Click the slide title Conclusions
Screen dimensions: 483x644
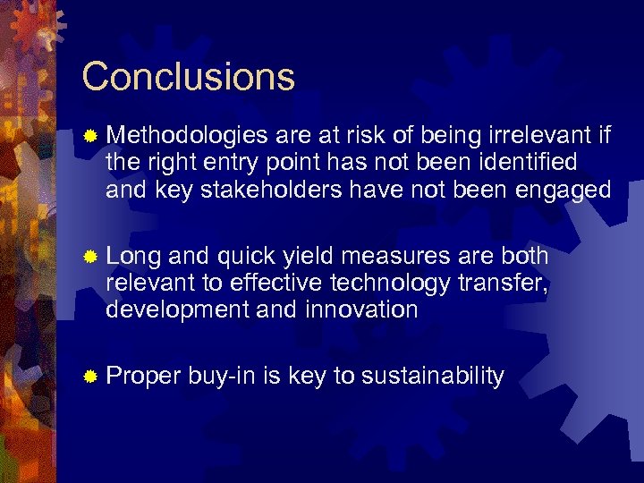pyautogui.click(x=188, y=77)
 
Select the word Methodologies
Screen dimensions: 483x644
pyautogui.click(x=187, y=136)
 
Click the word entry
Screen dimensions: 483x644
pyautogui.click(x=253, y=163)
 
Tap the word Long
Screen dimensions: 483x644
pyautogui.click(x=133, y=256)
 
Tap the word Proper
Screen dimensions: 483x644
pyautogui.click(x=143, y=377)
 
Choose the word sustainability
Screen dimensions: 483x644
pyautogui.click(x=433, y=377)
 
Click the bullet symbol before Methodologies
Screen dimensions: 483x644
pyautogui.click(x=89, y=137)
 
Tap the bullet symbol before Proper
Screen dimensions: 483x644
pyautogui.click(x=89, y=377)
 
